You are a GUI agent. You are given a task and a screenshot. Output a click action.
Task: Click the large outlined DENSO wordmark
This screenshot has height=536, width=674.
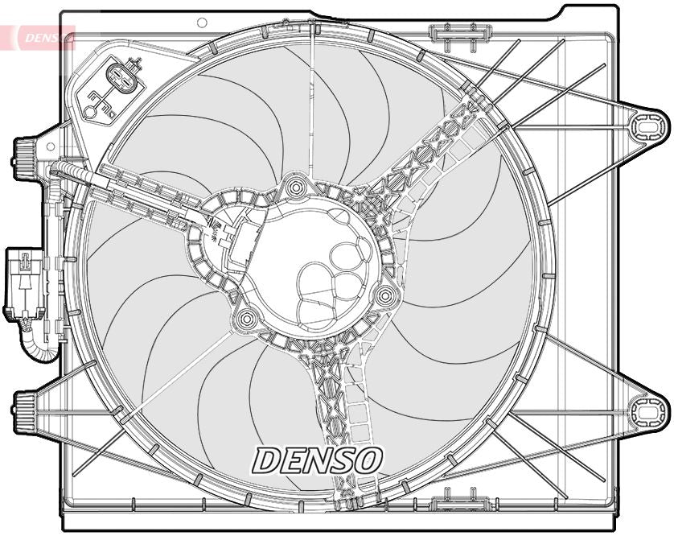pyautogui.click(x=317, y=460)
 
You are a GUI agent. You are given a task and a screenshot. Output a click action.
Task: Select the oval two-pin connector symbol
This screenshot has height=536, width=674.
pyautogui.click(x=121, y=80)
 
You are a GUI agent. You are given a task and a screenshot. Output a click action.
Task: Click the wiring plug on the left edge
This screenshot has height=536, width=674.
pyautogui.click(x=25, y=282)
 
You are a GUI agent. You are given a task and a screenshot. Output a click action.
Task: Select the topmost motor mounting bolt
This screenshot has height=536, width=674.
pyautogui.click(x=297, y=188)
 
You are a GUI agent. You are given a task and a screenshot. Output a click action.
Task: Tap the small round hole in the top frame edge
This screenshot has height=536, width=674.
pyautogui.click(x=202, y=23)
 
